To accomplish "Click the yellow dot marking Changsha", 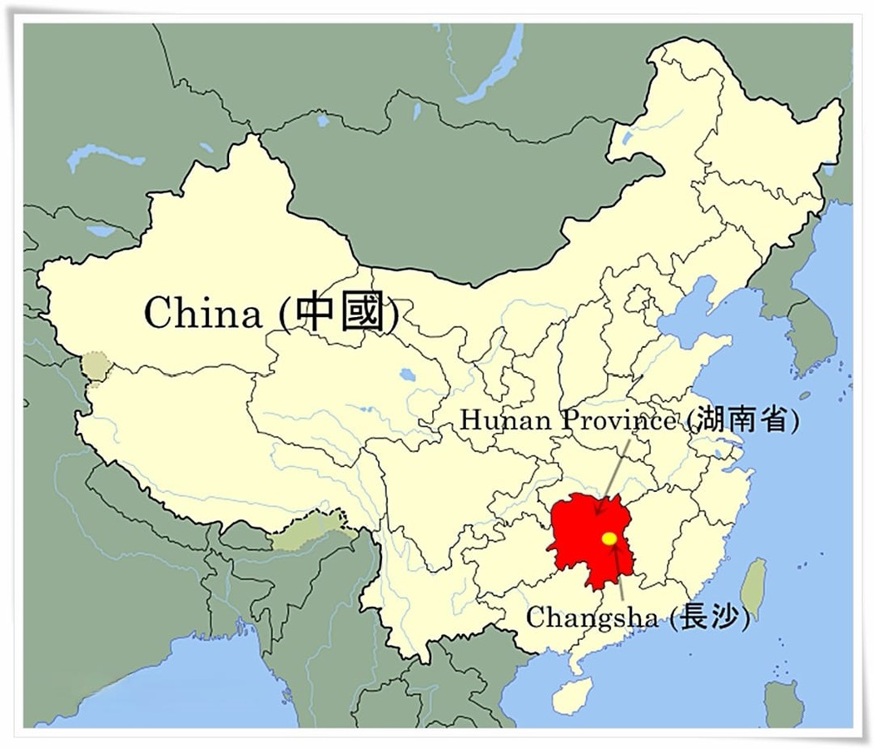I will click(609, 538).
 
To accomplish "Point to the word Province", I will click(617, 421).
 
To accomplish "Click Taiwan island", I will click(753, 583).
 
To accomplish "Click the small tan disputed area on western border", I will click(95, 366).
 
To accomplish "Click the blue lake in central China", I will click(407, 375).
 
